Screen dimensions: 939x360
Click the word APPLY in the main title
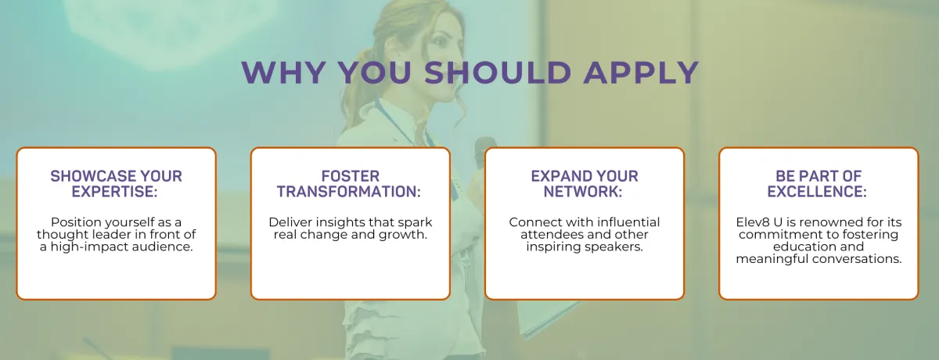pos(641,72)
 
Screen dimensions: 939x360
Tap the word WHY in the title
pos(283,72)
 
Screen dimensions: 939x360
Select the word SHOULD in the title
pos(498,72)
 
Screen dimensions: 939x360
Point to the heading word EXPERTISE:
pos(114,192)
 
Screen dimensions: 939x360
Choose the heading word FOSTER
pos(351,176)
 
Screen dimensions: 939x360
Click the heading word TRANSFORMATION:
pos(349,192)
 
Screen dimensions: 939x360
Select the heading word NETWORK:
pos(583,192)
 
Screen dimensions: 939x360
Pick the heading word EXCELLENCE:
pos(817,192)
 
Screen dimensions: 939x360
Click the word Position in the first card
pos(76,222)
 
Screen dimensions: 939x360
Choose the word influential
pos(627,222)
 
